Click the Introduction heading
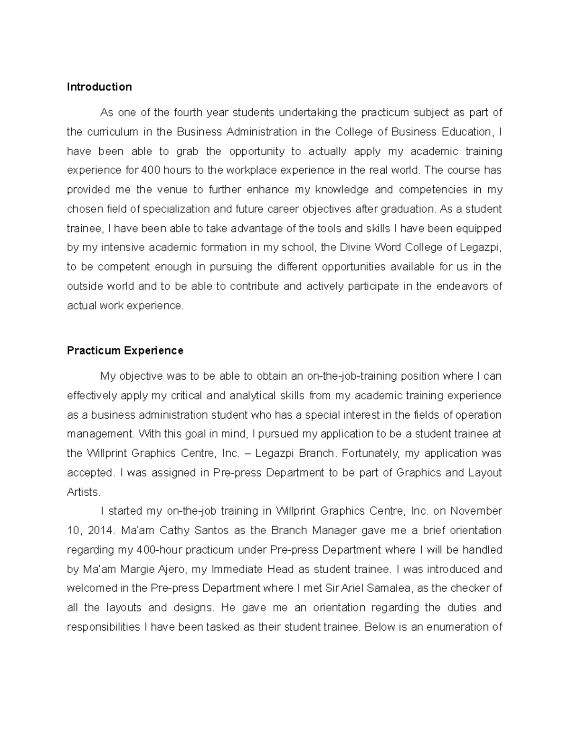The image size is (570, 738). [99, 87]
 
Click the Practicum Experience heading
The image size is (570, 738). [125, 351]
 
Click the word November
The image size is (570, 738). [476, 511]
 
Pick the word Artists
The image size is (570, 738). [84, 492]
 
